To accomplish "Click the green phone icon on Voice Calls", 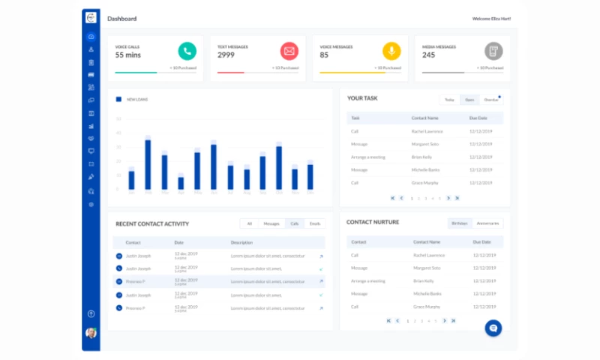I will (187, 51).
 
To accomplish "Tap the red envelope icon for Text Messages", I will (289, 51).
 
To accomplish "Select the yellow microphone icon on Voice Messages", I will (391, 51).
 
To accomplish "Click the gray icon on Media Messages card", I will (493, 51).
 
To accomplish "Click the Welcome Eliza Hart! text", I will (491, 18).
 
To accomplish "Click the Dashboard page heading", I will (121, 18).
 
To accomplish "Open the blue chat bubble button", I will (493, 328).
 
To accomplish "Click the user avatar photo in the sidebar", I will (91, 332).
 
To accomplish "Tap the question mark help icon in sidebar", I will (91, 313).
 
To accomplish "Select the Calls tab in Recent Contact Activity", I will (295, 223).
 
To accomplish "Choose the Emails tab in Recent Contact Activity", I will (315, 223).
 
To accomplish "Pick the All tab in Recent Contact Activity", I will (249, 223).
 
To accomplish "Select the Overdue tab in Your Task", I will (491, 99).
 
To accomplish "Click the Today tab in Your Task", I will (449, 99).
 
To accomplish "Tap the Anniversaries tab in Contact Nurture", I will (488, 223).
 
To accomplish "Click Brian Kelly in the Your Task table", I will (421, 157).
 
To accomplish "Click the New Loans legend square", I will (118, 99).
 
